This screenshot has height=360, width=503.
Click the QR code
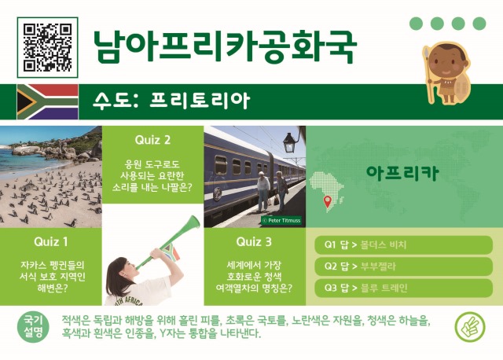48,45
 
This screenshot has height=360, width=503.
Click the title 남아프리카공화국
224,47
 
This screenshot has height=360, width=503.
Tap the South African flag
47,101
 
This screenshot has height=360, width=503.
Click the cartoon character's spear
428,75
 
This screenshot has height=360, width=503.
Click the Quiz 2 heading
152,140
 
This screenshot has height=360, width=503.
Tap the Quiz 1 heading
51,241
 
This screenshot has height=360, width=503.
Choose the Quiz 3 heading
254,241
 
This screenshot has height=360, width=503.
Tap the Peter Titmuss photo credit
281,221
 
